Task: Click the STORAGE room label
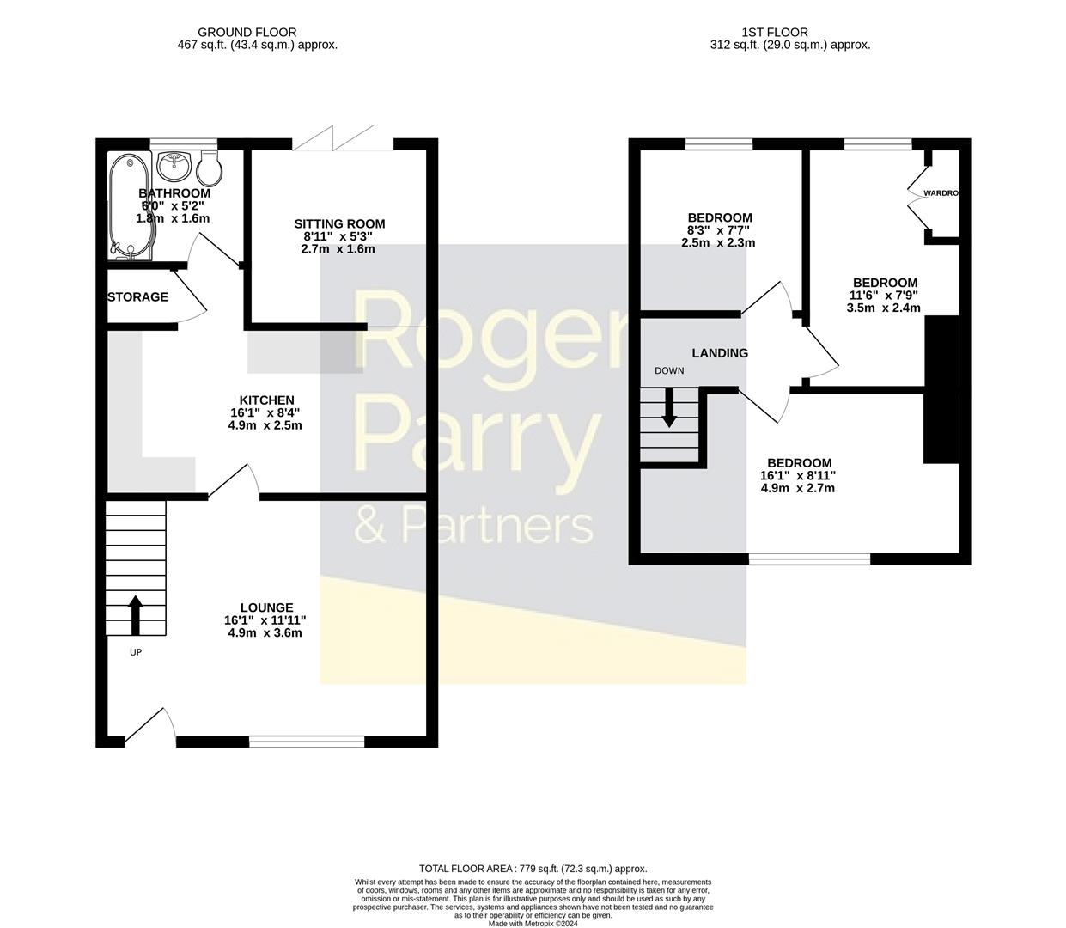pyautogui.click(x=137, y=297)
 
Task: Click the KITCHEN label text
pyautogui.click(x=266, y=400)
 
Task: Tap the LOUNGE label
pyautogui.click(x=266, y=607)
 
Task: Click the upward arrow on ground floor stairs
pyautogui.click(x=135, y=614)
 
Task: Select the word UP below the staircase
pyautogui.click(x=135, y=652)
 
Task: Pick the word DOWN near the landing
pyautogui.click(x=669, y=371)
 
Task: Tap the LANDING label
pyautogui.click(x=720, y=353)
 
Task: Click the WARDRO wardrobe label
pyautogui.click(x=940, y=193)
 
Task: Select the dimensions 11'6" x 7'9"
pyautogui.click(x=883, y=295)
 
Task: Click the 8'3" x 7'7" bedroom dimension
pyautogui.click(x=719, y=230)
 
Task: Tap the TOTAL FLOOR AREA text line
pyautogui.click(x=533, y=869)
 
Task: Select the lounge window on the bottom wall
pyautogui.click(x=307, y=741)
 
